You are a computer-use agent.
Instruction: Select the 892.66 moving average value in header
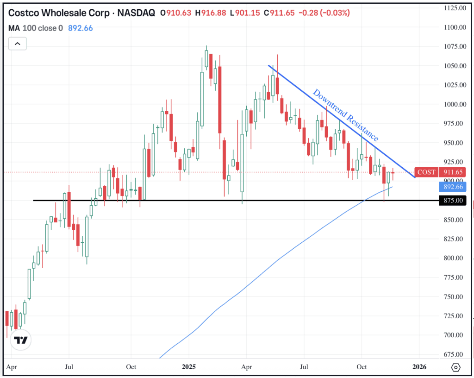[x=81, y=28]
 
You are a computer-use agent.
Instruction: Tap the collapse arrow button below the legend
[x=18, y=44]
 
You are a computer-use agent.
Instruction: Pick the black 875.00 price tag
[x=453, y=201]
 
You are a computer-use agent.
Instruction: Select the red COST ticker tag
[x=426, y=172]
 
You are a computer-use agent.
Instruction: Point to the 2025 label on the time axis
[x=189, y=367]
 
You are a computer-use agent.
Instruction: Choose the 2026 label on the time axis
[x=419, y=367]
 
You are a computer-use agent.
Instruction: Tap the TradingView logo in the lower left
[x=20, y=340]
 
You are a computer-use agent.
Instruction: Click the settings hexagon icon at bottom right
[x=455, y=367]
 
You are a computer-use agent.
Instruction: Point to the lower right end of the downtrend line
[x=414, y=177]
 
